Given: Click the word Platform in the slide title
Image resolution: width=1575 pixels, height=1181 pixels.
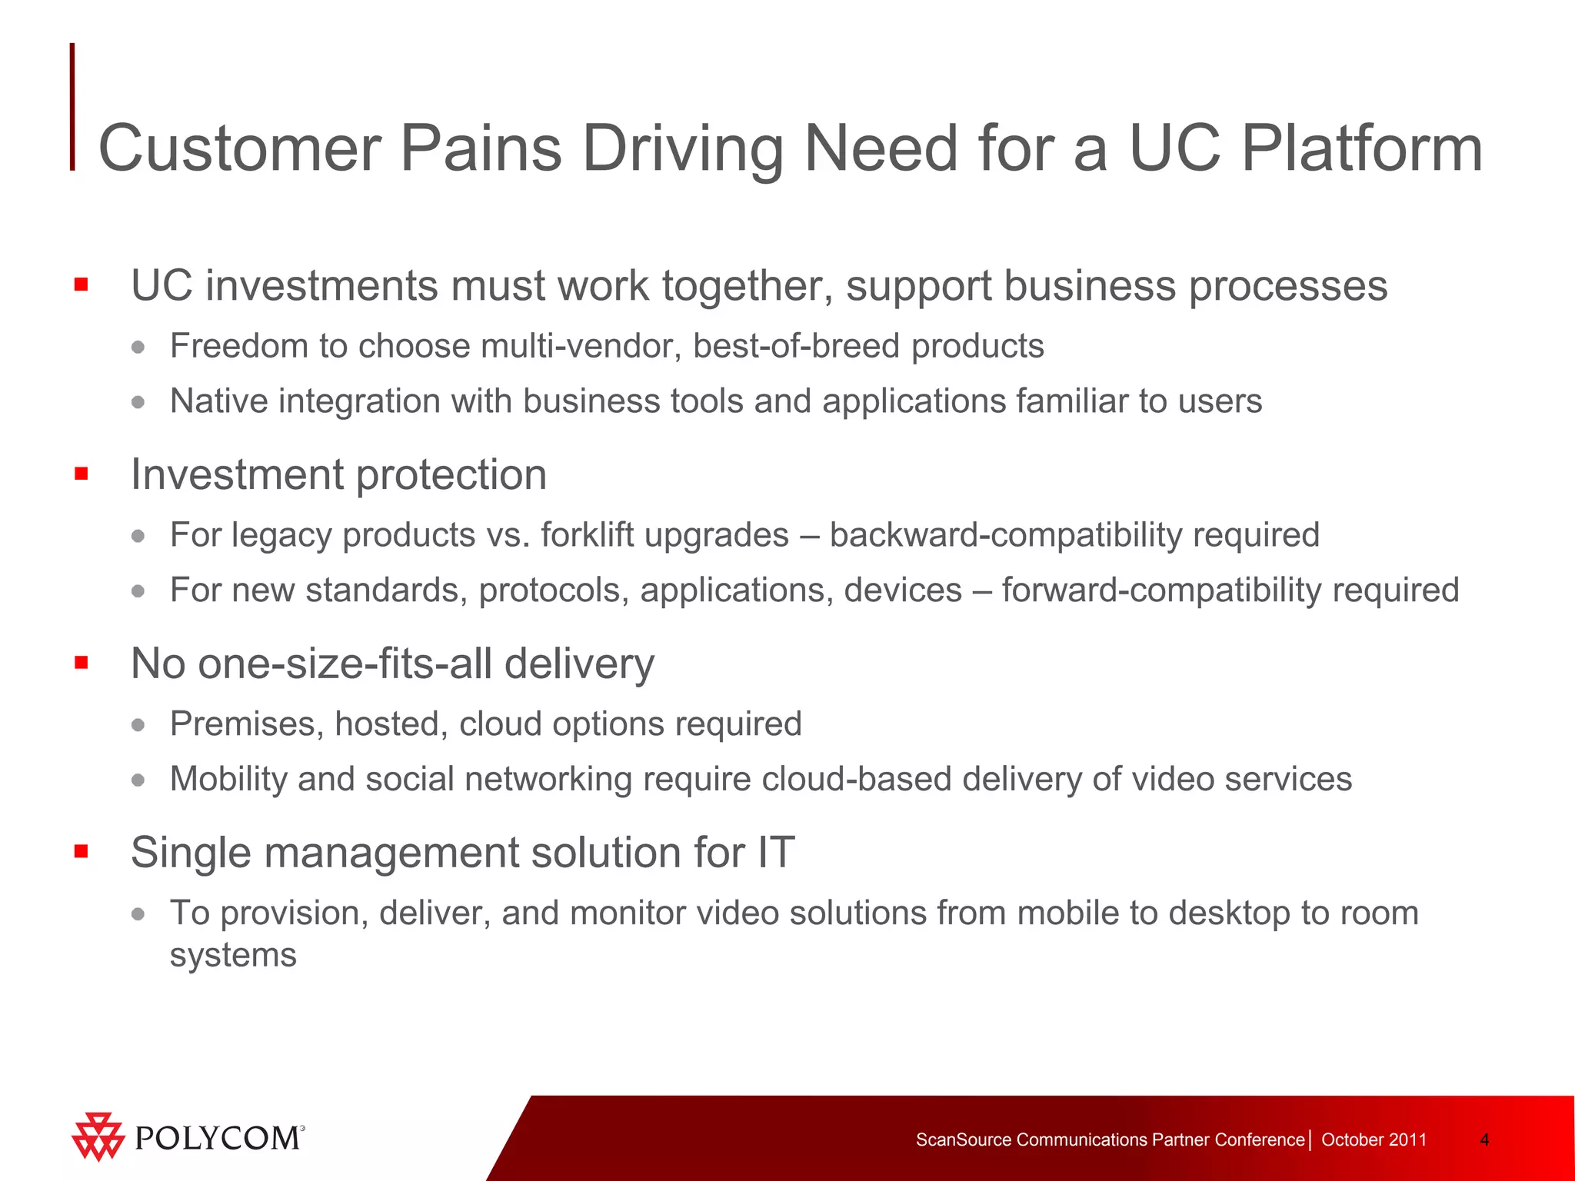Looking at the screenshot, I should click(x=1361, y=148).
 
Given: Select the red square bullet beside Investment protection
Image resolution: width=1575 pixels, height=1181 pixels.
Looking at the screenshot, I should click(x=82, y=474).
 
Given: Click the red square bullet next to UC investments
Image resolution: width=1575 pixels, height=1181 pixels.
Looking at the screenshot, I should click(x=82, y=285).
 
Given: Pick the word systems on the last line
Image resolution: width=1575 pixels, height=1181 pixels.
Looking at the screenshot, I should click(x=233, y=955).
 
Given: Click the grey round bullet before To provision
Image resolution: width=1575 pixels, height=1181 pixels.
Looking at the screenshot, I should click(x=138, y=913).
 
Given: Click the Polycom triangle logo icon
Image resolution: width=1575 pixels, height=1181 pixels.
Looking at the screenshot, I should click(x=98, y=1136).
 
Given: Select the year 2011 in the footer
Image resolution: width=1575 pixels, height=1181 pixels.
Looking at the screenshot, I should click(x=1408, y=1139).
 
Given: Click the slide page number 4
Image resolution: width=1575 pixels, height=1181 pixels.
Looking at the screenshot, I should click(x=1484, y=1139).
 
